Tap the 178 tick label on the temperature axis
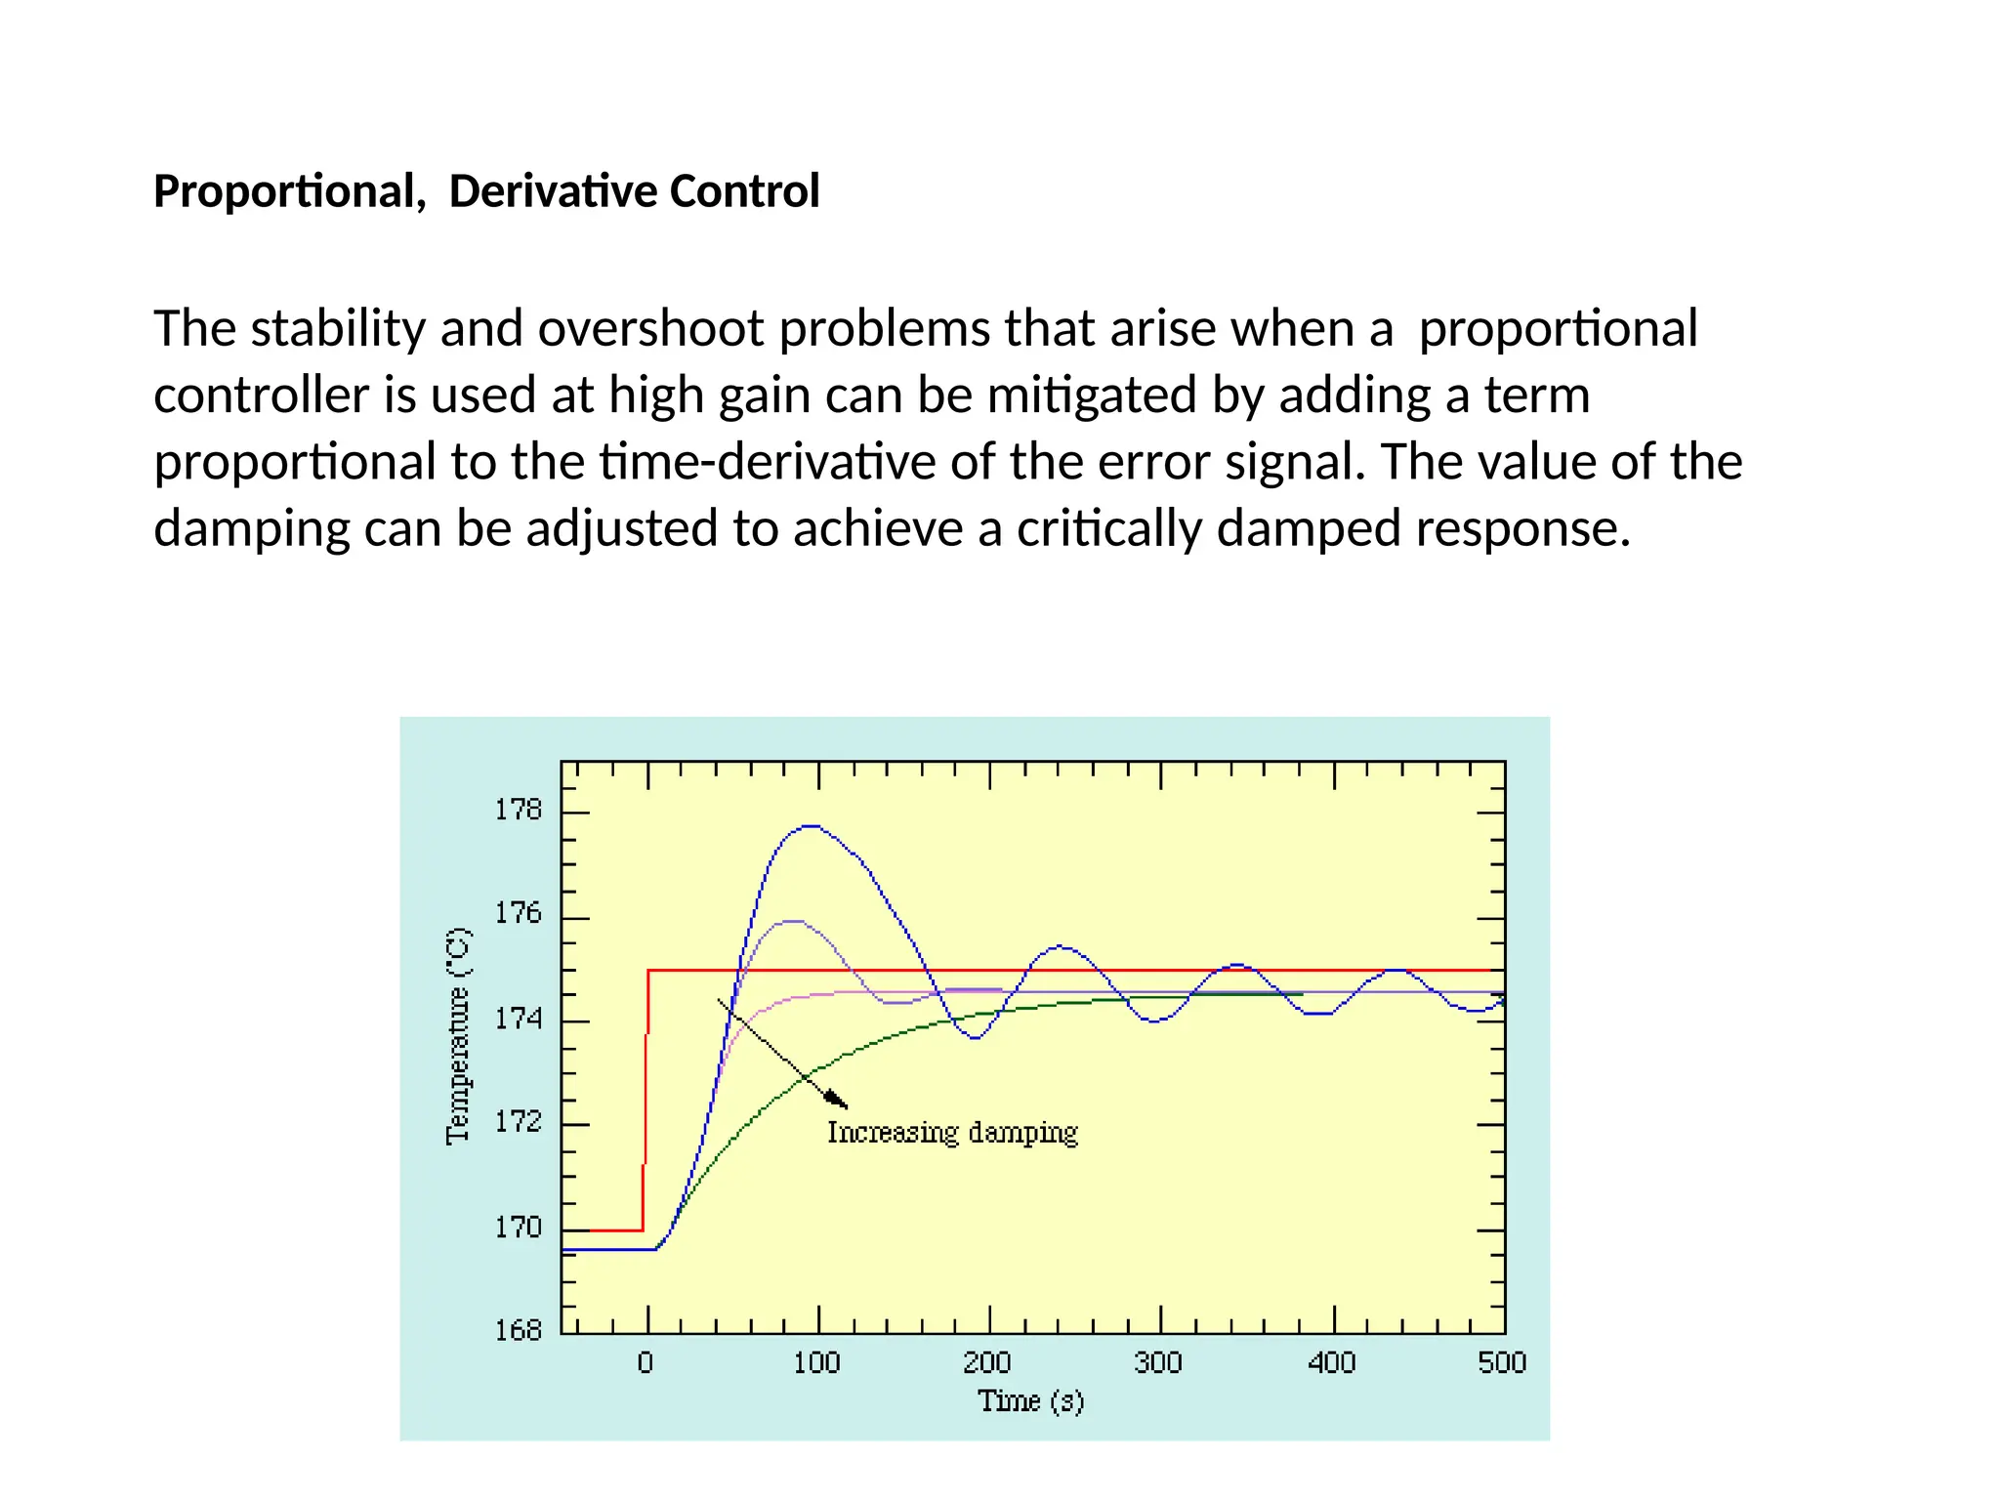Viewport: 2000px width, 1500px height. click(518, 810)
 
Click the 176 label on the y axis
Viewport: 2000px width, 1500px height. click(518, 913)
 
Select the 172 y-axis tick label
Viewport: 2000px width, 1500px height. click(518, 1121)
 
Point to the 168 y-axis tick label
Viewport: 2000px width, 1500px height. click(518, 1330)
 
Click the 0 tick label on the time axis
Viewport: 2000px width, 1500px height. click(646, 1362)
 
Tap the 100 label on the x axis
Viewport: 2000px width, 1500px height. click(816, 1362)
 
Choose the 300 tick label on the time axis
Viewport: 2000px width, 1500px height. click(1158, 1362)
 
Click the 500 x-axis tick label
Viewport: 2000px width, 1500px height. click(1502, 1362)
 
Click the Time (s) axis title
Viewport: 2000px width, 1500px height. click(1030, 1401)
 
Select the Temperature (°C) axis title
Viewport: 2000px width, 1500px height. click(458, 1035)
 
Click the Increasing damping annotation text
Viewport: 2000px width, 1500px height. click(952, 1133)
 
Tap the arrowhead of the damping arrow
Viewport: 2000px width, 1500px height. click(838, 1101)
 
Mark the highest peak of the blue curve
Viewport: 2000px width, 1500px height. click(812, 826)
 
